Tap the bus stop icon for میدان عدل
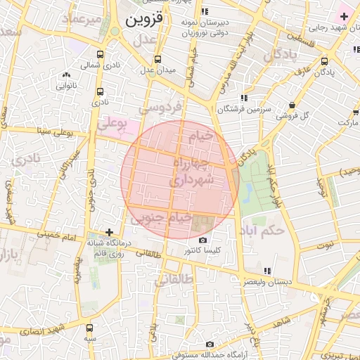click(x=157, y=59)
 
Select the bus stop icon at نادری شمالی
click(x=100, y=54)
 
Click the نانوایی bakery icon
click(x=66, y=75)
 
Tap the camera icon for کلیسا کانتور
click(x=203, y=240)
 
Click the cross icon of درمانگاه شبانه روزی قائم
click(x=108, y=232)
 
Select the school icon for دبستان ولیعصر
click(x=266, y=271)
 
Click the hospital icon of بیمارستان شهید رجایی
click(x=343, y=15)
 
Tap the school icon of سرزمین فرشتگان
click(x=243, y=98)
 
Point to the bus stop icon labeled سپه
click(x=89, y=327)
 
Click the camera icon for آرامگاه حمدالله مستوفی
click(x=210, y=344)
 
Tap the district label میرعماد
click(x=82, y=19)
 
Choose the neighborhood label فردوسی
click(x=160, y=108)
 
